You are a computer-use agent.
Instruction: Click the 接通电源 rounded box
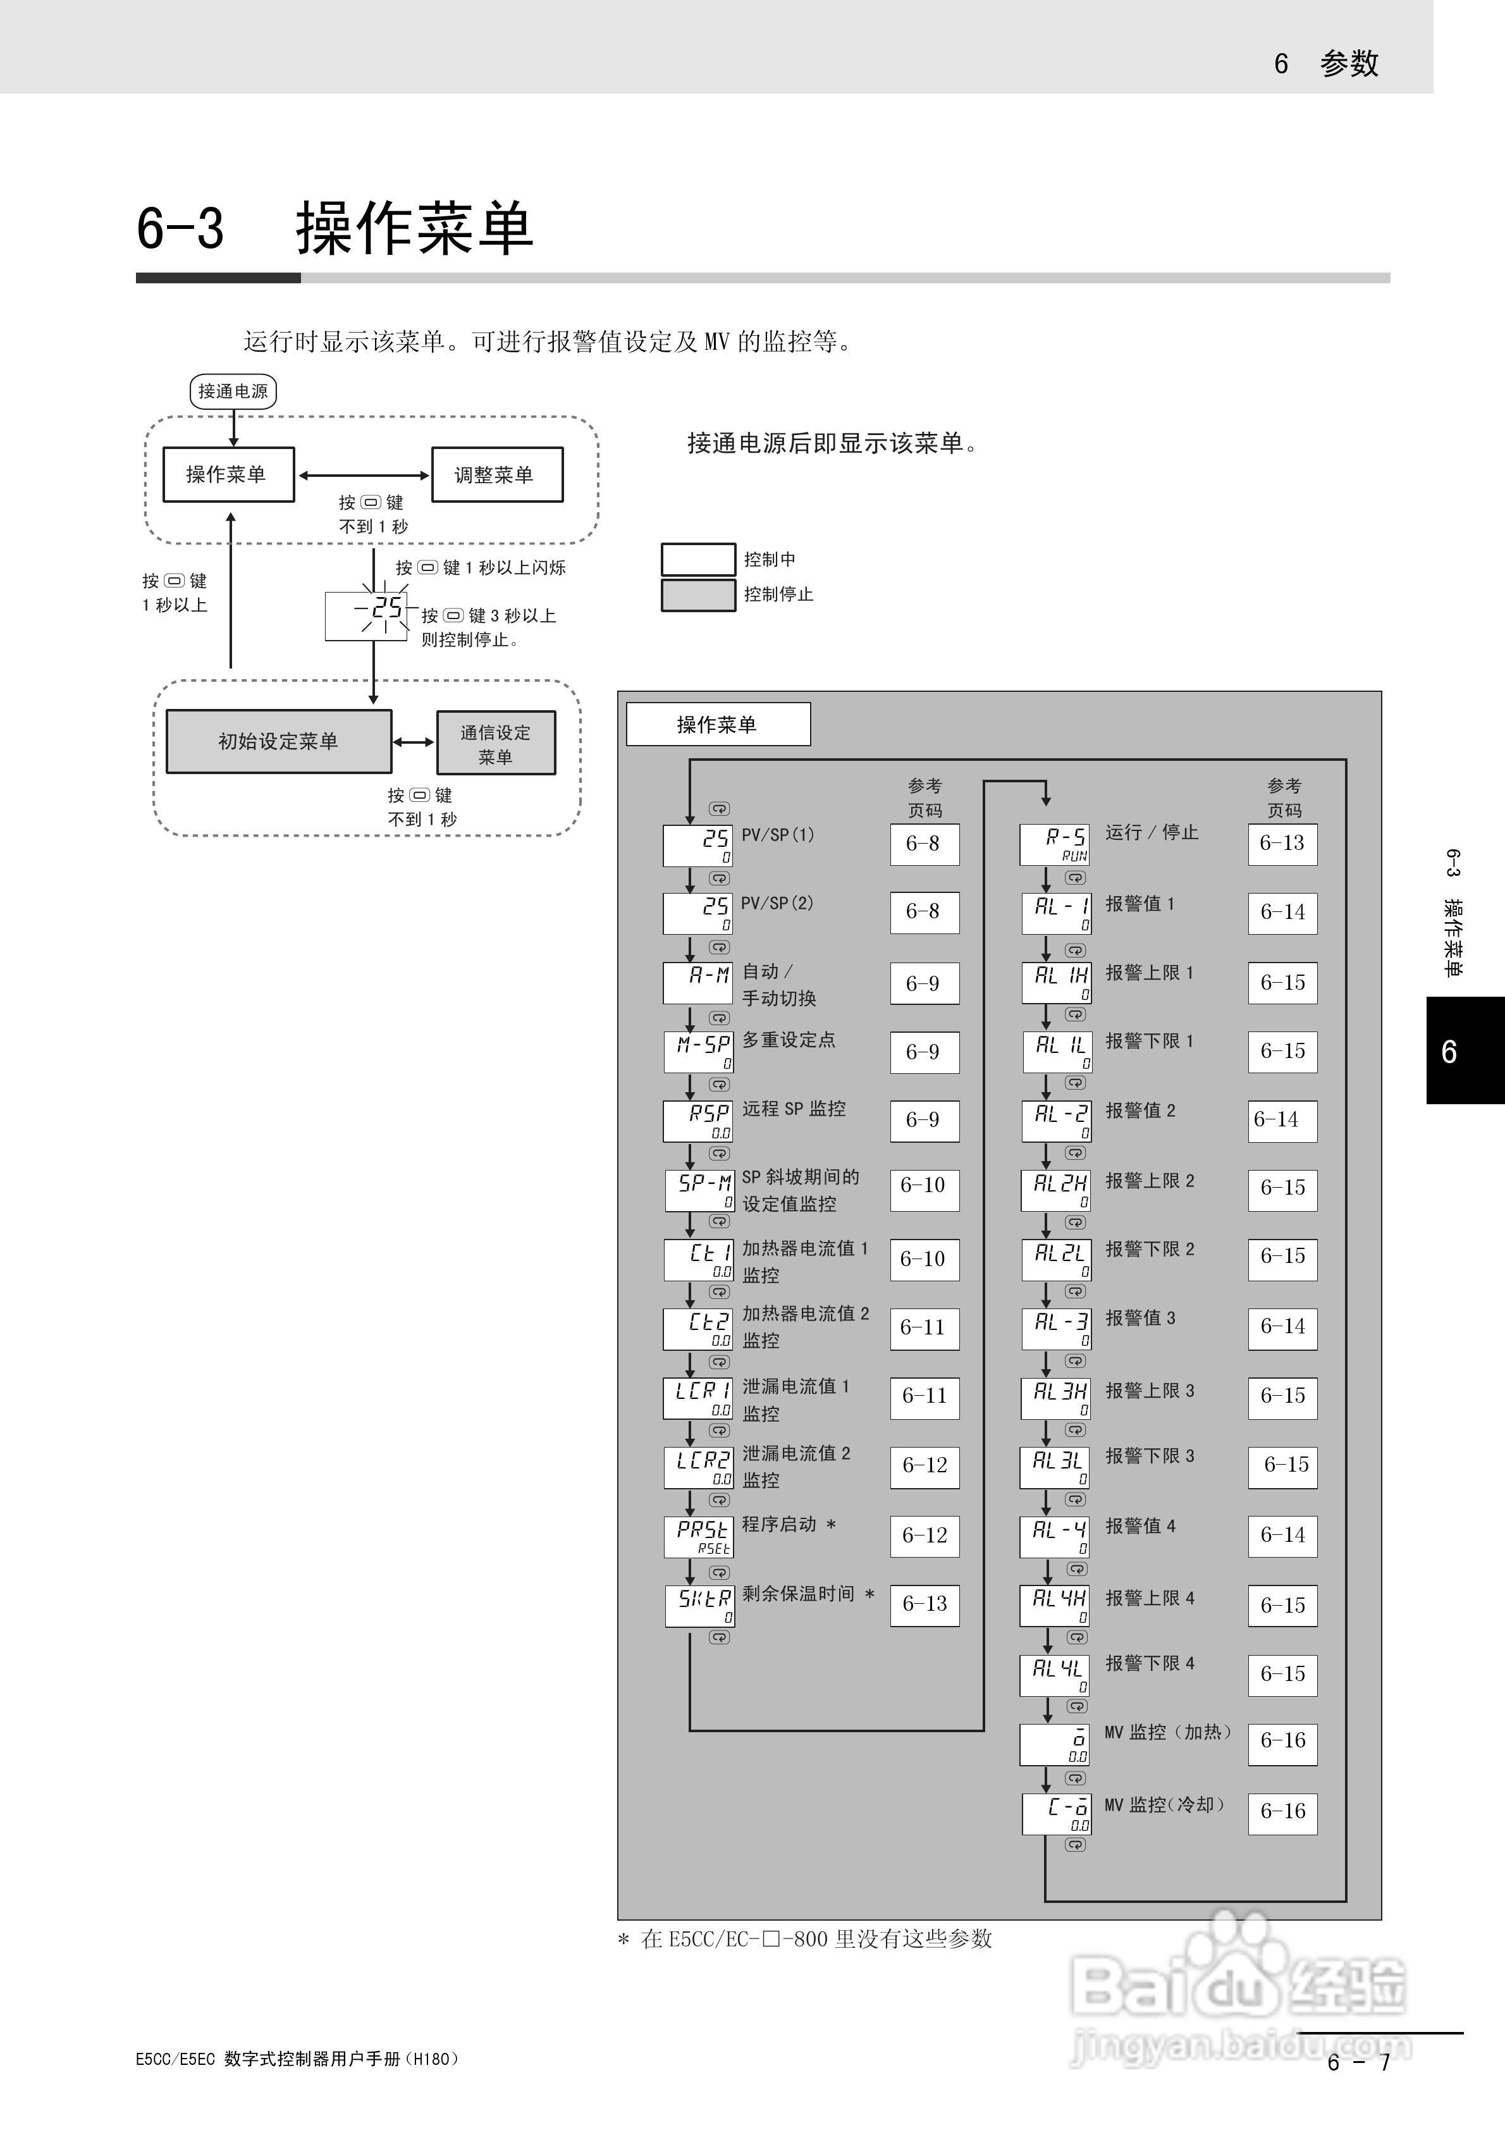click(x=233, y=391)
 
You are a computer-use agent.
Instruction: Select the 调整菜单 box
click(x=496, y=475)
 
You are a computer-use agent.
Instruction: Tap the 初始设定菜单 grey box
click(x=278, y=741)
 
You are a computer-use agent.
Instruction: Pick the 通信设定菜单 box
click(x=496, y=743)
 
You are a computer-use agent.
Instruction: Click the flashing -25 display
click(x=367, y=616)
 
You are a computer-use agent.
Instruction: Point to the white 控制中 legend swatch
click(x=697, y=560)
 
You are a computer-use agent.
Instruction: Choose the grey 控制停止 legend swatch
click(x=697, y=594)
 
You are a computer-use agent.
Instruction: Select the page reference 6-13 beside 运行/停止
click(x=1282, y=843)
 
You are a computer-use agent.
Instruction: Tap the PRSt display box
click(x=699, y=1536)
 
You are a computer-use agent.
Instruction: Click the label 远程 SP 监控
click(x=794, y=1109)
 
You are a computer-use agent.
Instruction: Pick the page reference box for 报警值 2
click(x=1282, y=1120)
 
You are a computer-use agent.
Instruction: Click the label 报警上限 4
click(x=1150, y=1598)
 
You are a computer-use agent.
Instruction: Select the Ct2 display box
click(x=697, y=1329)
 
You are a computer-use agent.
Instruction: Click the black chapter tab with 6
click(x=1464, y=1050)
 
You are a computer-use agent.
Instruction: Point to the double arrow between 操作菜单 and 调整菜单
click(x=363, y=475)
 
